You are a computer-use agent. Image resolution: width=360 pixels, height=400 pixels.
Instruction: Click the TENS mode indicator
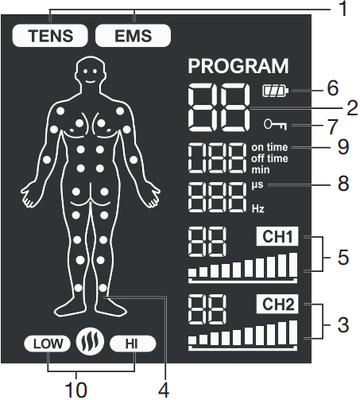pyautogui.click(x=50, y=36)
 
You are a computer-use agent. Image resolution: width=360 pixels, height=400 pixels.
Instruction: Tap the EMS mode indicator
pyautogui.click(x=133, y=36)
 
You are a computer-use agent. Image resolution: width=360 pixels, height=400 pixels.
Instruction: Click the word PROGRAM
pyautogui.click(x=238, y=66)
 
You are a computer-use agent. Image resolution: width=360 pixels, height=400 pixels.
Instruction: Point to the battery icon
pyautogui.click(x=276, y=91)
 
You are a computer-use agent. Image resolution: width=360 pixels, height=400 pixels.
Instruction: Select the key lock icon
pyautogui.click(x=275, y=124)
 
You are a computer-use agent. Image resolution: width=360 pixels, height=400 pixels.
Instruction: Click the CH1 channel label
pyautogui.click(x=277, y=236)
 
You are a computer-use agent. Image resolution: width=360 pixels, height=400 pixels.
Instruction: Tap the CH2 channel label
pyautogui.click(x=277, y=304)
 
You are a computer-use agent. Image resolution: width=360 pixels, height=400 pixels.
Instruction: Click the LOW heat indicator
pyautogui.click(x=48, y=344)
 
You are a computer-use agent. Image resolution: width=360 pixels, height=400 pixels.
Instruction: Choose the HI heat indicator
pyautogui.click(x=133, y=344)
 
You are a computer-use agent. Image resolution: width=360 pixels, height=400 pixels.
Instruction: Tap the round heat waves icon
pyautogui.click(x=90, y=342)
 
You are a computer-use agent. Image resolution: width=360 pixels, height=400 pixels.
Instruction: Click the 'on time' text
pyautogui.click(x=269, y=147)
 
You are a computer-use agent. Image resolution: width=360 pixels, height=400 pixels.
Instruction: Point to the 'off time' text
pyautogui.click(x=269, y=158)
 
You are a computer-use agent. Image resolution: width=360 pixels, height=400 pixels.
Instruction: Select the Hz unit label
pyautogui.click(x=257, y=209)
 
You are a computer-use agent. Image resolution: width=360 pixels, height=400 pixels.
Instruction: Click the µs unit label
pyautogui.click(x=257, y=184)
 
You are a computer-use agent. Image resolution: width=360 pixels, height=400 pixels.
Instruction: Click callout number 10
pyautogui.click(x=75, y=390)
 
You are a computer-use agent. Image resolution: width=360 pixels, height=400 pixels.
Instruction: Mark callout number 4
pyautogui.click(x=164, y=390)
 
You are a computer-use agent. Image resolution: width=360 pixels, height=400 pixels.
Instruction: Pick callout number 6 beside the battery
pyautogui.click(x=333, y=88)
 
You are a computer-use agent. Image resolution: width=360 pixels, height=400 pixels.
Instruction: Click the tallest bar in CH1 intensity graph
pyautogui.click(x=293, y=265)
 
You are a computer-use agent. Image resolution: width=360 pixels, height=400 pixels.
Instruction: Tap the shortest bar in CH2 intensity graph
pyautogui.click(x=192, y=340)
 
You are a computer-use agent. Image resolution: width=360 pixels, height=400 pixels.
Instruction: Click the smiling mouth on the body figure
pyautogui.click(x=90, y=81)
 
